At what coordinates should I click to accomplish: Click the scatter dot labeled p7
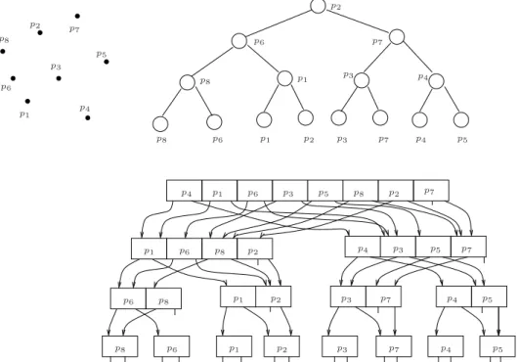click(77, 16)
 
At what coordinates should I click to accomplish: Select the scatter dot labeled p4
click(87, 117)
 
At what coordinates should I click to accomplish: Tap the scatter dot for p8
click(3, 51)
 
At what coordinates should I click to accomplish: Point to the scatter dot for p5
click(107, 62)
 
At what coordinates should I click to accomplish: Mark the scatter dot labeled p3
click(59, 78)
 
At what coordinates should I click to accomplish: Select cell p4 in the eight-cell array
click(184, 191)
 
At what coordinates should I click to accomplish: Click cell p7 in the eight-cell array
click(431, 191)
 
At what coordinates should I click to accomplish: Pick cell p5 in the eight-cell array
click(325, 191)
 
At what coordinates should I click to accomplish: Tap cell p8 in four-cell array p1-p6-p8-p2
click(220, 249)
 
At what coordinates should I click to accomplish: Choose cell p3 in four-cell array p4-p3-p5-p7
click(398, 247)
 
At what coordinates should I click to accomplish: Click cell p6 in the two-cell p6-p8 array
click(128, 298)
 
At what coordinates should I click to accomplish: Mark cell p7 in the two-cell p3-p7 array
click(383, 296)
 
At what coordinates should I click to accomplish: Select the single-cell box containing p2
click(281, 346)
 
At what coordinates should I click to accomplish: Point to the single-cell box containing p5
click(497, 346)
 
